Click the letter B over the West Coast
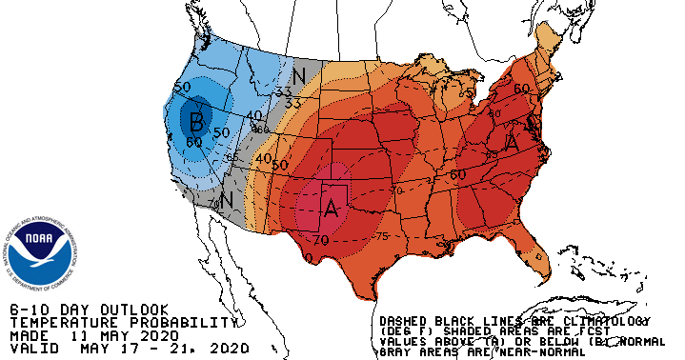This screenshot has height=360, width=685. point(196,121)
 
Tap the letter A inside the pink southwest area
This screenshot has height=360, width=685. point(332,207)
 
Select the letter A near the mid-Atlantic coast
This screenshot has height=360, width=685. point(512,142)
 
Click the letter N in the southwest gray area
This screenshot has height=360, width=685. point(227,200)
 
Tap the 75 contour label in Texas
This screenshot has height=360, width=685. point(382,237)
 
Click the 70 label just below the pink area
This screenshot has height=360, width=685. point(321,240)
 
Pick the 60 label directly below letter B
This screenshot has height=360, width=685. point(195,142)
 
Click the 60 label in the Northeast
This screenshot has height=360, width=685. point(521,89)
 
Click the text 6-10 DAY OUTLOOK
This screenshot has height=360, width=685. point(89,310)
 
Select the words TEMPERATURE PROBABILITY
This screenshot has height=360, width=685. point(119,323)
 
